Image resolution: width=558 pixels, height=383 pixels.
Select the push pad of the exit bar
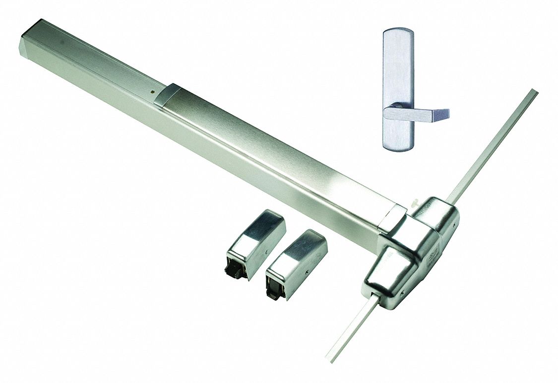[278, 149]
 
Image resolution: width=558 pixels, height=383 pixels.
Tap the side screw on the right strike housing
[307, 272]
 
